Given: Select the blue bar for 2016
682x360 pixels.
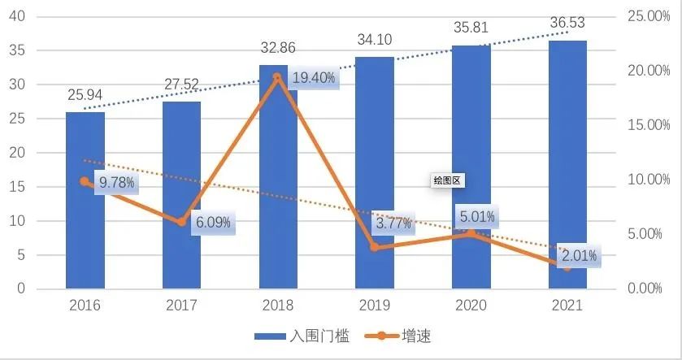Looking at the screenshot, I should pyautogui.click(x=85, y=236).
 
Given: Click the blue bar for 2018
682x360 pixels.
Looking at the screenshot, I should pyautogui.click(x=278, y=203).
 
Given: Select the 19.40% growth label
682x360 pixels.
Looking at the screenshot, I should pyautogui.click(x=312, y=79).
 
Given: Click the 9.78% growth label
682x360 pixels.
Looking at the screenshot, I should pyautogui.click(x=116, y=183).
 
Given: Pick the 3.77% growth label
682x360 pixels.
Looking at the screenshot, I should pyautogui.click(x=393, y=223).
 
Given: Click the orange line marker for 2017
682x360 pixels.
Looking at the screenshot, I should pyautogui.click(x=182, y=222).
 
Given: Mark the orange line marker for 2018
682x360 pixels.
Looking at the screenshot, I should pyautogui.click(x=278, y=77).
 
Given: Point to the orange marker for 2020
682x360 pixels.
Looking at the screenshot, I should pyautogui.click(x=471, y=234).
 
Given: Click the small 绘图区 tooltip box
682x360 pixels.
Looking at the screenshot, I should pyautogui.click(x=447, y=181).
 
